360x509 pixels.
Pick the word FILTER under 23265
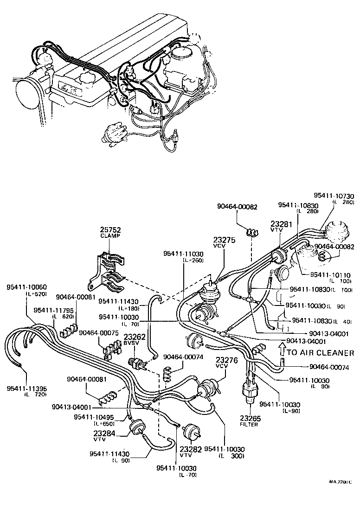click(x=249, y=424)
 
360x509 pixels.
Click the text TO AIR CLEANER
click(x=320, y=353)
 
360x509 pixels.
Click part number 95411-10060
click(x=26, y=287)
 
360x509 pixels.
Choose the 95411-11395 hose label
click(x=26, y=388)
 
